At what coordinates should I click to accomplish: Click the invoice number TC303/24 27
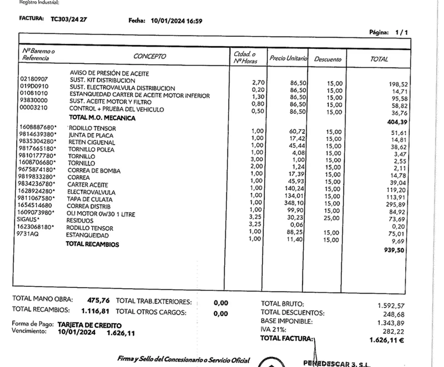(x=68, y=19)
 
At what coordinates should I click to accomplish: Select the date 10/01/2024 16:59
(x=176, y=21)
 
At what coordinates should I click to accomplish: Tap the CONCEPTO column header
(x=150, y=56)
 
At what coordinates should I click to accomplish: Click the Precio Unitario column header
(x=288, y=58)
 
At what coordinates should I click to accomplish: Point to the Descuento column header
(x=327, y=59)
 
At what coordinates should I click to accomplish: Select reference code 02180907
(x=34, y=79)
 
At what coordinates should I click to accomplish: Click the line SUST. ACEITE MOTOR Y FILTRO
(x=110, y=102)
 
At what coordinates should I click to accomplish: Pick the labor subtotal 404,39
(x=397, y=122)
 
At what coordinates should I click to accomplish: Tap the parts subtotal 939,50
(x=394, y=250)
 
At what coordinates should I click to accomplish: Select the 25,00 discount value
(x=331, y=218)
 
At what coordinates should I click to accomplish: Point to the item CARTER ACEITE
(x=88, y=185)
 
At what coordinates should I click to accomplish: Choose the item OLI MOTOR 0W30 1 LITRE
(x=101, y=214)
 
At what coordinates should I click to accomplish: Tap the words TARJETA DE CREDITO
(x=89, y=325)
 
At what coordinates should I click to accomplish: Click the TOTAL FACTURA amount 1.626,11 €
(x=387, y=340)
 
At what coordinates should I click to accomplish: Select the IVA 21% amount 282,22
(x=393, y=331)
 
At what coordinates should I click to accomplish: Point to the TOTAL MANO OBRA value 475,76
(x=98, y=300)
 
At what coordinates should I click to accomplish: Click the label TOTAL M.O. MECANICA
(x=102, y=118)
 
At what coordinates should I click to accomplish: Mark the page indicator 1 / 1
(x=401, y=32)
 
